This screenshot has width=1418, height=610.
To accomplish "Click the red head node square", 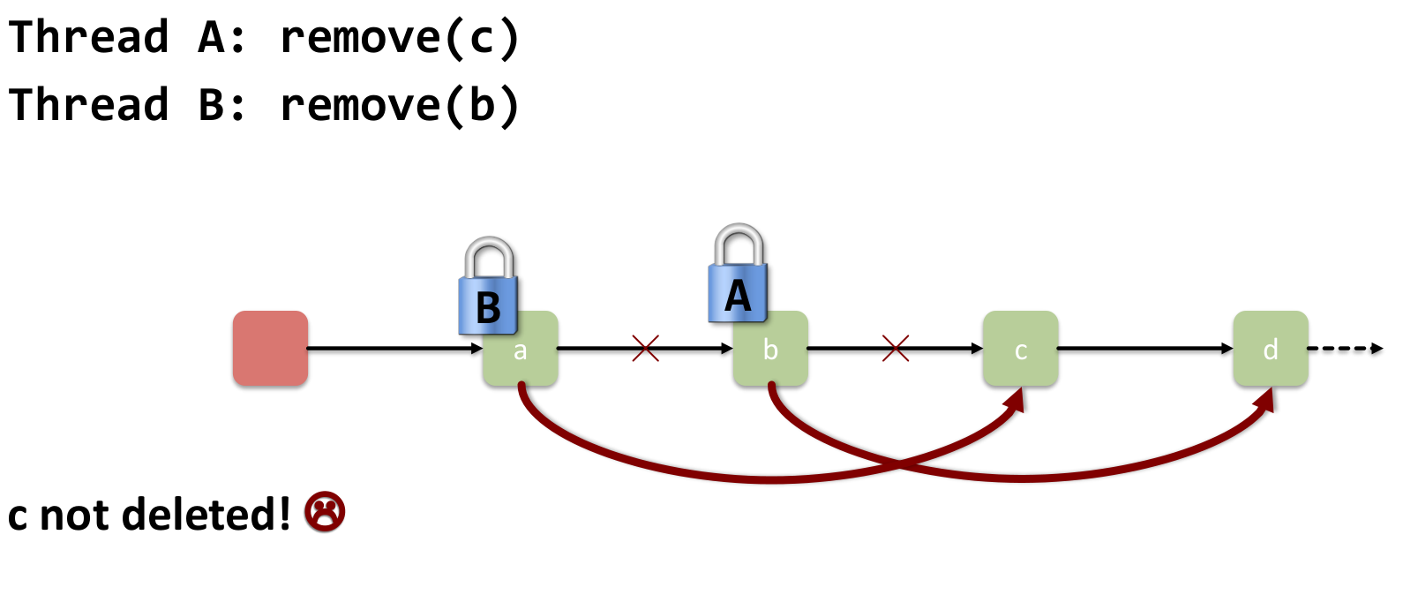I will coord(270,348).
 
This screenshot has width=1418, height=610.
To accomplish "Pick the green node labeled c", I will coord(1020,350).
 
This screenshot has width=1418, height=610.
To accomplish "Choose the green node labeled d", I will coord(1270,350).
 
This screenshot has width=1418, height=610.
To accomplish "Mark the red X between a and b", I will coord(646,348).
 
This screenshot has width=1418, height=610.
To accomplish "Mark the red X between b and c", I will coord(896,348).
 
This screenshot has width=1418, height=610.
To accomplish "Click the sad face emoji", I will coord(325,512).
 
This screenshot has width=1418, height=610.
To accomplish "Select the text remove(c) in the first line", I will coord(400,38).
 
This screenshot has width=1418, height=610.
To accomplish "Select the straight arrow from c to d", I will coord(1144,348).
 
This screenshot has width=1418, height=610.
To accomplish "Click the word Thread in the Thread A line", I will coord(88,38).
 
